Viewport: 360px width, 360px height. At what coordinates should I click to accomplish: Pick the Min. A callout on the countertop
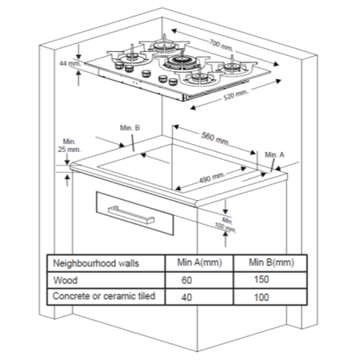coord(274,153)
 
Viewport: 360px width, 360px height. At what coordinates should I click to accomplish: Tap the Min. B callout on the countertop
coord(130,128)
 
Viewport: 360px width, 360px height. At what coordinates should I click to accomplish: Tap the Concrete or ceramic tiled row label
coord(102,297)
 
